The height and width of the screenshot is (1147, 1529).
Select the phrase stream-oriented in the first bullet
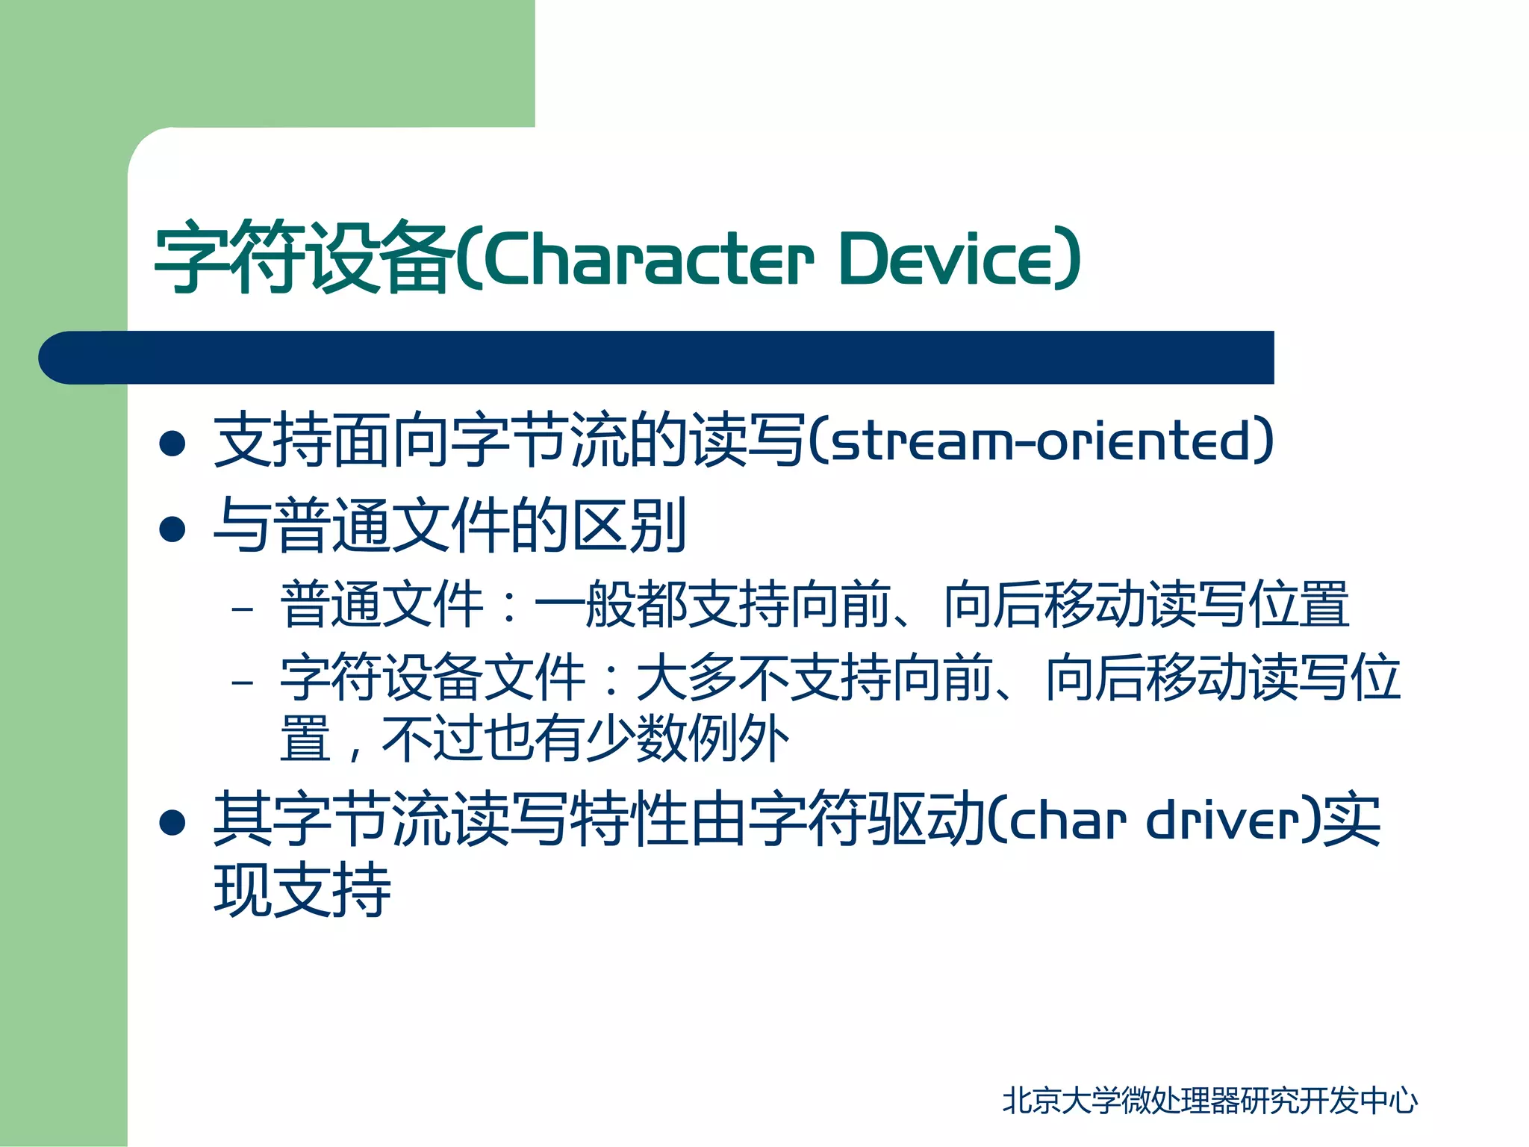click(1041, 441)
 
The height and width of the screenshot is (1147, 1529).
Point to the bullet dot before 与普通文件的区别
click(172, 529)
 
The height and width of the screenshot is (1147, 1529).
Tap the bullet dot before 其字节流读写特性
click(172, 822)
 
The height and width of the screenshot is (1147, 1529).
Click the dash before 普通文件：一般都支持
click(243, 609)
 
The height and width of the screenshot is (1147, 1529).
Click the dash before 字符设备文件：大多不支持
click(243, 682)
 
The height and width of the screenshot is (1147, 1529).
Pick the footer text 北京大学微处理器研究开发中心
click(1209, 1101)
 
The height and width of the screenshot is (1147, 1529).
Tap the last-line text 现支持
click(302, 890)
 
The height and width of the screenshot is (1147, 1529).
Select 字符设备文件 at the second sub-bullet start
click(433, 677)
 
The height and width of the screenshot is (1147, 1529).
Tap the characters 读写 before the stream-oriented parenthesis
click(747, 441)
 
